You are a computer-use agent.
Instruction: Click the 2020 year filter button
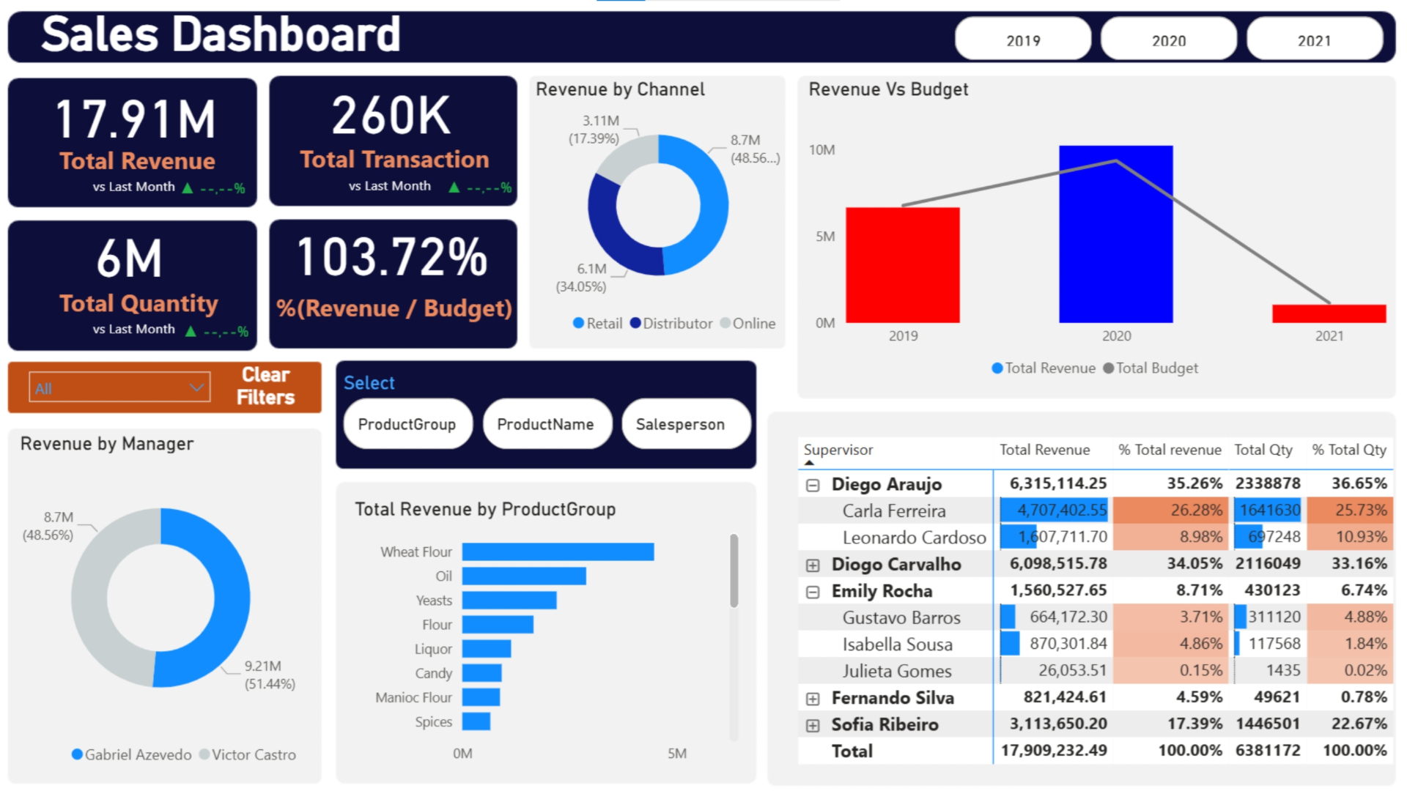click(1168, 40)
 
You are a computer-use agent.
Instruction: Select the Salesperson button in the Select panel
click(680, 424)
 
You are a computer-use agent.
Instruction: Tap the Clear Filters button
click(265, 386)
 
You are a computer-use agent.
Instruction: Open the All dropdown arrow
click(196, 387)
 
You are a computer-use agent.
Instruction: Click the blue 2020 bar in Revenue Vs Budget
click(1115, 234)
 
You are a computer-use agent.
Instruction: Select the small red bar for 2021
click(1329, 313)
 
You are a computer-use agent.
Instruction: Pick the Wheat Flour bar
click(557, 552)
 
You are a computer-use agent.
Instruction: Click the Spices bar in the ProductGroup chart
click(476, 721)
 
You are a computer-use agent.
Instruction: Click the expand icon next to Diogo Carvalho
click(812, 565)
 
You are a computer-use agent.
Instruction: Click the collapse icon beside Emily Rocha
click(812, 592)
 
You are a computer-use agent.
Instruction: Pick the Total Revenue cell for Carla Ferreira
click(1054, 510)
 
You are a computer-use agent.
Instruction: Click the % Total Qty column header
click(1348, 450)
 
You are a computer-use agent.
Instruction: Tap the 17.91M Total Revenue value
click(136, 119)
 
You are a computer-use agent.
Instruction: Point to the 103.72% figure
click(392, 257)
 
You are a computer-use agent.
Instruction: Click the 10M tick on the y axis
click(821, 149)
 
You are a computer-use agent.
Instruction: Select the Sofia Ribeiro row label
click(884, 724)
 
